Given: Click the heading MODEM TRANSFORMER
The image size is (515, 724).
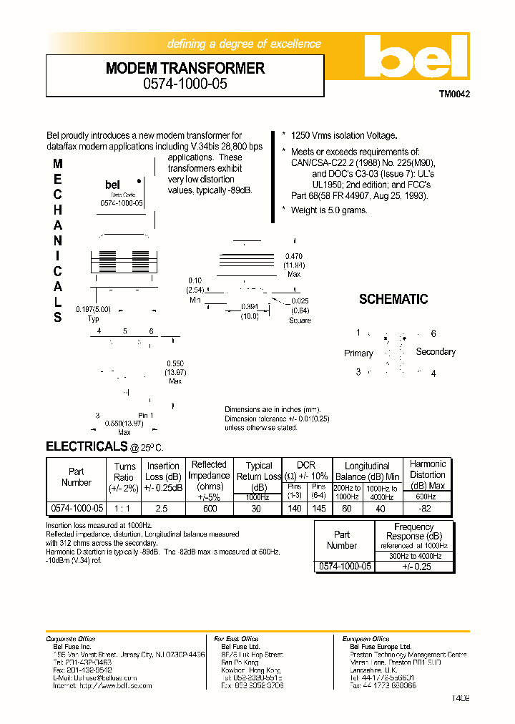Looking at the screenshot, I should [x=185, y=69].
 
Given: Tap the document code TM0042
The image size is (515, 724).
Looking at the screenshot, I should [x=454, y=94].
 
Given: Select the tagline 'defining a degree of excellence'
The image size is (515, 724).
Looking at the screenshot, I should [x=244, y=44].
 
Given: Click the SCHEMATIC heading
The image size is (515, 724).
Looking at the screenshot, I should [x=393, y=299].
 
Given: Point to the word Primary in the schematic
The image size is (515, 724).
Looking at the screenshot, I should [x=358, y=353].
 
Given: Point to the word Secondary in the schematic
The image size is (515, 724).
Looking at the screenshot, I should [x=435, y=352].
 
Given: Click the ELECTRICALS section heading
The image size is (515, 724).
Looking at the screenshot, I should [x=87, y=446].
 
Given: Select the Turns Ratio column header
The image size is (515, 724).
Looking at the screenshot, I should [x=124, y=476].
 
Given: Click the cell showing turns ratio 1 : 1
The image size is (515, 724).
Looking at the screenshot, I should [x=124, y=508].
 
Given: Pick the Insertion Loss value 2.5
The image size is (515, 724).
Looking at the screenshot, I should [x=163, y=508].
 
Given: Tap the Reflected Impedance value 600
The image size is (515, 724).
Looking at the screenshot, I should [x=209, y=508].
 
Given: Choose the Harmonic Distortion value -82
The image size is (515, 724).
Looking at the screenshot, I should [x=427, y=508].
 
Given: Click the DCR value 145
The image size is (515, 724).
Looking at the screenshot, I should [x=319, y=508].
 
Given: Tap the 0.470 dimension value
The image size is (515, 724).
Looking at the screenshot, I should [x=294, y=256].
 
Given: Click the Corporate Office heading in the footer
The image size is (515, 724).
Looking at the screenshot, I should [x=70, y=639].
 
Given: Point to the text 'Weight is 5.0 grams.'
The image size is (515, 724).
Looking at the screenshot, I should [x=328, y=210].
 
